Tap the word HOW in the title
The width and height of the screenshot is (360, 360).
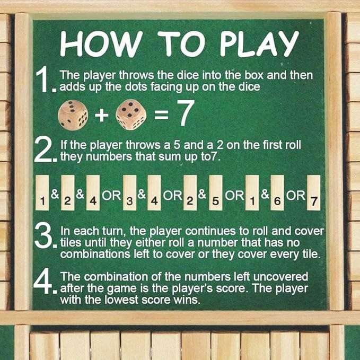click(101, 43)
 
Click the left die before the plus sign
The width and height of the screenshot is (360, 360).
click(73, 115)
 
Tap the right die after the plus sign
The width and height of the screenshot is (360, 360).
click(131, 115)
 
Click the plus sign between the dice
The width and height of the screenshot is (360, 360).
click(102, 115)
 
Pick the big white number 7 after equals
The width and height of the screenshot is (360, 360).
click(186, 113)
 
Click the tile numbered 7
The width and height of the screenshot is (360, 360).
click(314, 192)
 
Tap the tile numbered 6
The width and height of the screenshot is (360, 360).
click(277, 192)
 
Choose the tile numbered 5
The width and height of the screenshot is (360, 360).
click(216, 192)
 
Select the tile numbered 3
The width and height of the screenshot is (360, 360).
click(129, 192)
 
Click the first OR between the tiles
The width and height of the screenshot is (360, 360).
click(111, 196)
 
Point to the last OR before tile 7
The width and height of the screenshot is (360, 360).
click(296, 196)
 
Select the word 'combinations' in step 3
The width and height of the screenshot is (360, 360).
click(95, 254)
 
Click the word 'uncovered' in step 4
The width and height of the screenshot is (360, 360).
click(280, 277)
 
